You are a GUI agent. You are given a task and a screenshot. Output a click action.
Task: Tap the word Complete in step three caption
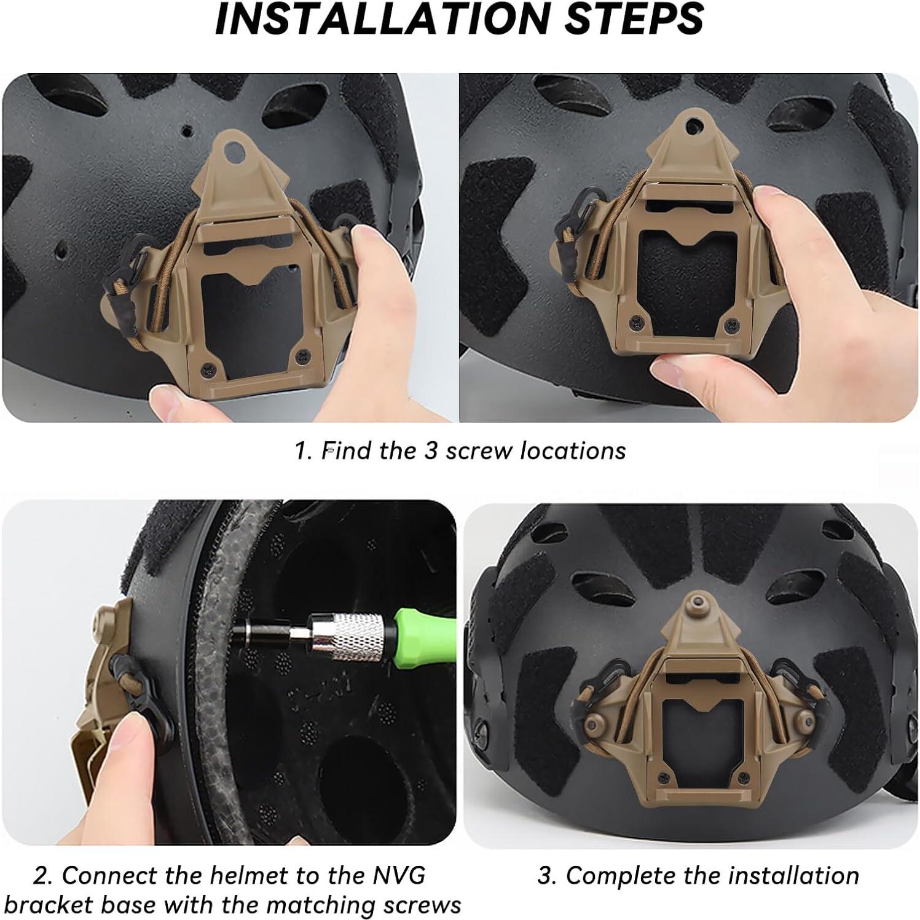tap(622, 875)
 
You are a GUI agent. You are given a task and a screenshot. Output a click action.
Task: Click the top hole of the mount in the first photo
tap(233, 149)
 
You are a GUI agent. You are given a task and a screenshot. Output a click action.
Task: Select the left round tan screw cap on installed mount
tap(594, 720)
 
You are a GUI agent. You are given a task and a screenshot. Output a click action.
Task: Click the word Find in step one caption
tap(348, 450)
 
